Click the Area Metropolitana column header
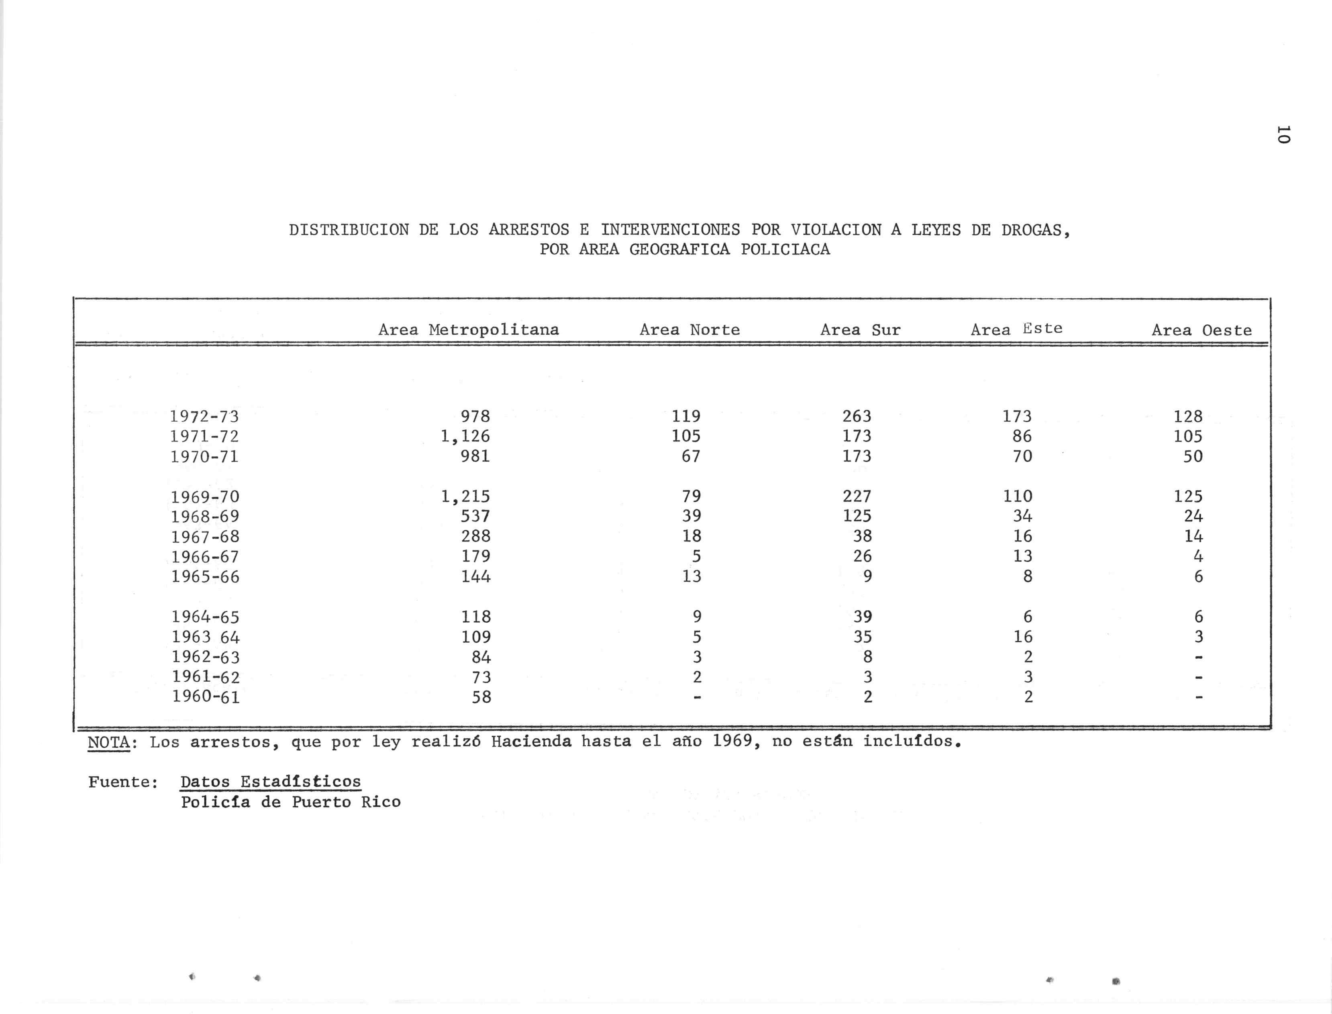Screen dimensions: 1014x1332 469,330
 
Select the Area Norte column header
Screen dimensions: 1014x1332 689,330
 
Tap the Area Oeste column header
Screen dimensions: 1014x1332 1201,330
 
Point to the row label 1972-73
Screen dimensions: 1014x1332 205,416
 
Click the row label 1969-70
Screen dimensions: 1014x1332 205,497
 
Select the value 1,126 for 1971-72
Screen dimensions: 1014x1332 465,436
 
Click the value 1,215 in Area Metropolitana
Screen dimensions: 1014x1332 465,496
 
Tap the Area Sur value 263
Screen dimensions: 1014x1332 857,416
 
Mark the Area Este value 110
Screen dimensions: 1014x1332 1018,496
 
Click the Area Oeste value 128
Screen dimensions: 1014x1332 1188,416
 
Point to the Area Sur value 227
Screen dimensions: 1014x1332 857,496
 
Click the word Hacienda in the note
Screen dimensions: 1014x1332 531,741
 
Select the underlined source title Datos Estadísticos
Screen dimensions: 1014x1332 271,782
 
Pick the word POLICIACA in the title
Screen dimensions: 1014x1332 785,249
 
